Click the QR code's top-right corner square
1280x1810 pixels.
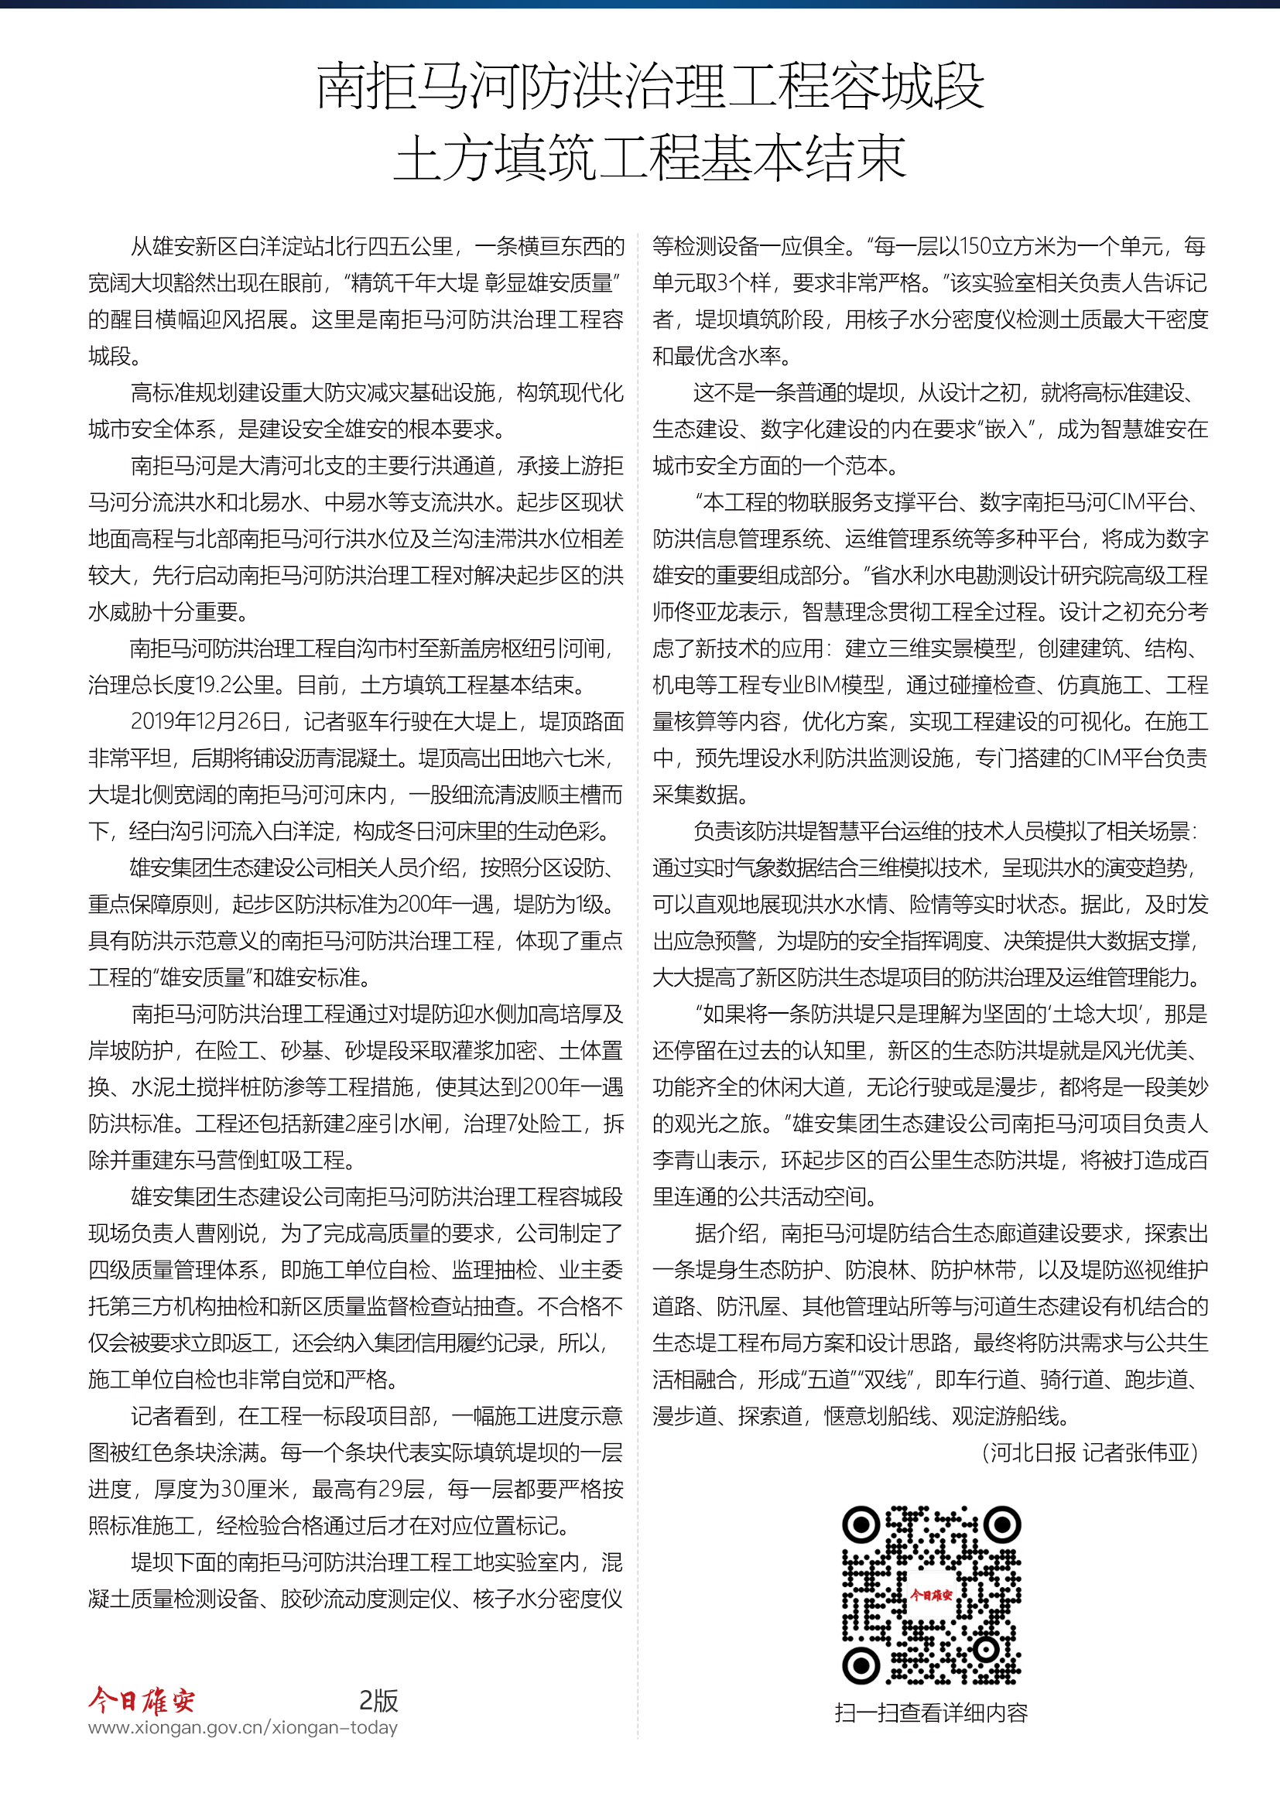1001,1525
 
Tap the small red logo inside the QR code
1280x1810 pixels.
931,1595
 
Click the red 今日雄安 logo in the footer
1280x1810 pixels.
142,1700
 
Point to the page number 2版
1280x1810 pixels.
378,1700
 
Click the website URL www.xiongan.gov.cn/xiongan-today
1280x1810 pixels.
243,1728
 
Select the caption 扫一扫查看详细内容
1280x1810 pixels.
931,1713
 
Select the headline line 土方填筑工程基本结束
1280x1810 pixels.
649,158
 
